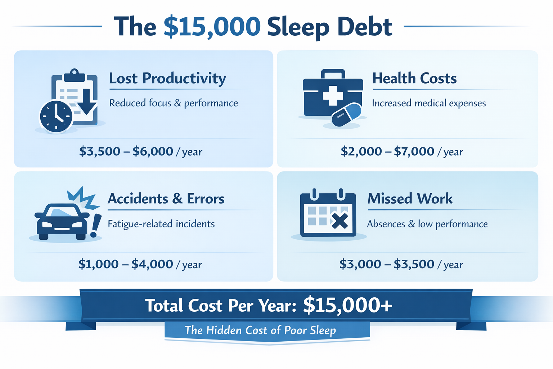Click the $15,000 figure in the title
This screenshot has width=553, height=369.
212,27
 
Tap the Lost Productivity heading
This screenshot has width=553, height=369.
167,78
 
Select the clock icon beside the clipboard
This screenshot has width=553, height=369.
56,116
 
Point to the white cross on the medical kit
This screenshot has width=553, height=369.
333,94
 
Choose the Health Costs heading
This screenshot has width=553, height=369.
414,78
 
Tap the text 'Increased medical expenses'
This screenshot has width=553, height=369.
429,103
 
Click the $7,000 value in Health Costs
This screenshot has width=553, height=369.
414,151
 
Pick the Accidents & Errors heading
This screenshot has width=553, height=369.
166,199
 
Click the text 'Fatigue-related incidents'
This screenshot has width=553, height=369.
161,224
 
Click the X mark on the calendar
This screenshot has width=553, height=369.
340,221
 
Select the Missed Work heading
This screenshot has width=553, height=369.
410,199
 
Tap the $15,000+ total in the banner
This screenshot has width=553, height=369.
347,305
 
